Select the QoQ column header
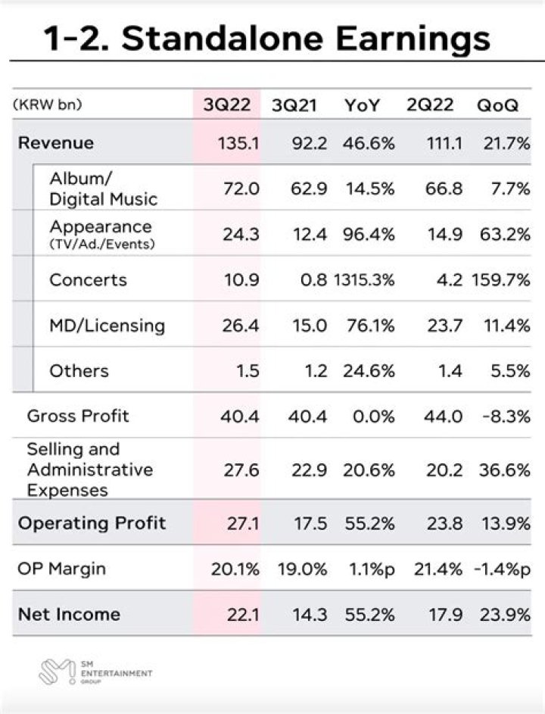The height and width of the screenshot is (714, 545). [x=497, y=105]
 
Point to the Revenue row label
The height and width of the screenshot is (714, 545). [x=56, y=143]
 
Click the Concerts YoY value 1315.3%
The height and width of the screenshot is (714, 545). [x=364, y=280]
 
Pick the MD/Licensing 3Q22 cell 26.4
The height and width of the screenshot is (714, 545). [x=241, y=326]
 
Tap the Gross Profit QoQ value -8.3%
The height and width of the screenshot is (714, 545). [x=503, y=416]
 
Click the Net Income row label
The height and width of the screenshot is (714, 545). [x=69, y=613]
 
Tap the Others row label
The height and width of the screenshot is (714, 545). [x=79, y=371]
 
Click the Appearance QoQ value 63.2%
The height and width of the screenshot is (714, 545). [x=504, y=235]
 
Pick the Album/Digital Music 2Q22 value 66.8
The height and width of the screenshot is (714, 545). [x=444, y=189]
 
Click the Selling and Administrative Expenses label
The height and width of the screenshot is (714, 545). [x=89, y=469]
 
